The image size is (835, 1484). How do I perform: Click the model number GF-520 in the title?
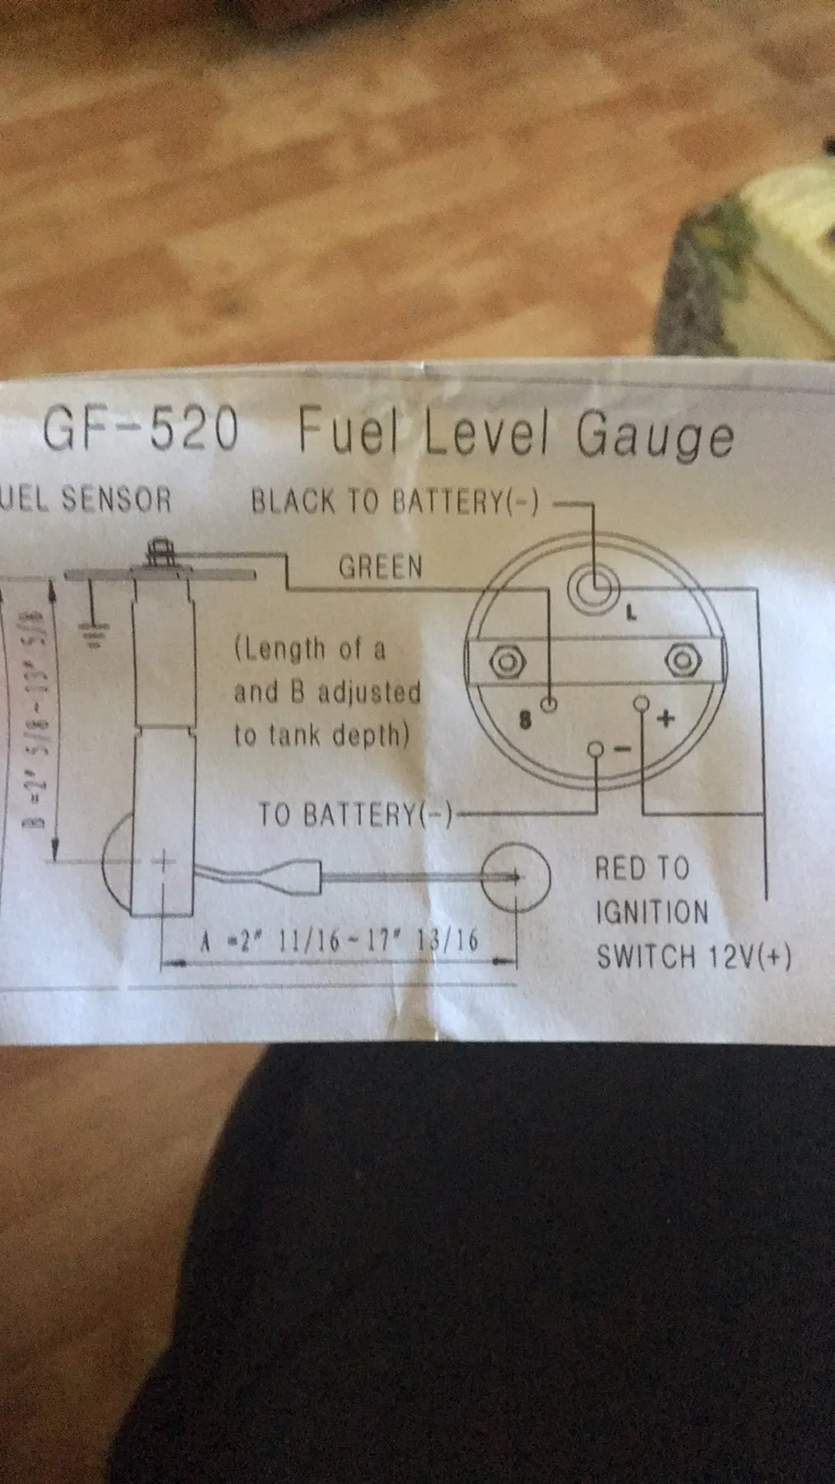coord(140,430)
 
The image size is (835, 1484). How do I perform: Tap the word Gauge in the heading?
coord(654,436)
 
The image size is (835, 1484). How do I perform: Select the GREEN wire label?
coord(380,566)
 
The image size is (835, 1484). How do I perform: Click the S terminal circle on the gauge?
coord(549,704)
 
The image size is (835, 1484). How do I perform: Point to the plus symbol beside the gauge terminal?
coord(665,719)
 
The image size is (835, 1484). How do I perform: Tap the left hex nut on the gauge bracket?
coord(504,660)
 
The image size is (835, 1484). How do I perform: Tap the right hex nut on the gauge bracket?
coord(681,660)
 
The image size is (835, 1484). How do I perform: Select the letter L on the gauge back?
coord(631,613)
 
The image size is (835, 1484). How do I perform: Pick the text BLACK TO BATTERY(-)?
coord(395,502)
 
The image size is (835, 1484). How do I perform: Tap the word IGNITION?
coord(651,913)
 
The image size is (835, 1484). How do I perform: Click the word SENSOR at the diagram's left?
coord(128,500)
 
